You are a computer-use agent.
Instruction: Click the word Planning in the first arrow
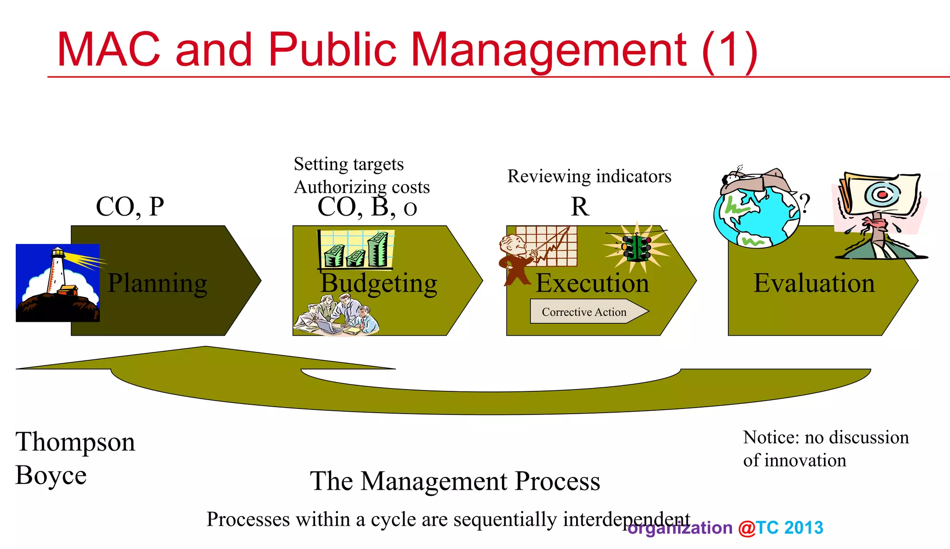[x=157, y=283]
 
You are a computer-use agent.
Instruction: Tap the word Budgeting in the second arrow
[x=379, y=283]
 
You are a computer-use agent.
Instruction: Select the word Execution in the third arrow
[x=592, y=283]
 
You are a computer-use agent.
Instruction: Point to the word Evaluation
[x=814, y=283]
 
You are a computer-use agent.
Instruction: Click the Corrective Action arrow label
[x=584, y=312]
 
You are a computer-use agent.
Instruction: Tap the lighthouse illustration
[x=58, y=283]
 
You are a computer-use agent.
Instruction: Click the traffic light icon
[x=637, y=249]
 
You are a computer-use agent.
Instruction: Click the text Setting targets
[x=349, y=164]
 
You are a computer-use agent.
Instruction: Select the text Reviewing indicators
[x=589, y=177]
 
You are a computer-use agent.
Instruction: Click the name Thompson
[x=75, y=442]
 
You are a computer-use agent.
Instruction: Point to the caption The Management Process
[x=455, y=481]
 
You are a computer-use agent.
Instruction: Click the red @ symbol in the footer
[x=746, y=528]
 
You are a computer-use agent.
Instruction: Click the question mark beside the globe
[x=805, y=203]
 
